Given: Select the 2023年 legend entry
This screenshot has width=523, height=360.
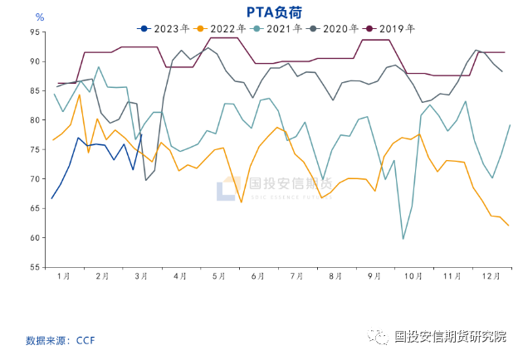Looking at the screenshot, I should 162,28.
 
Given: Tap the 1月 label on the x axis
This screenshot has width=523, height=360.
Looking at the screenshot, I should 64,275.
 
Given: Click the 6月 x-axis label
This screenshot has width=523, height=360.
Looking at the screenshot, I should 257,275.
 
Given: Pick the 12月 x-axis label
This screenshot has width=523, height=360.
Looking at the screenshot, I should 491,275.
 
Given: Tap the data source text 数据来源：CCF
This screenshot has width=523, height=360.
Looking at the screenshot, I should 62,340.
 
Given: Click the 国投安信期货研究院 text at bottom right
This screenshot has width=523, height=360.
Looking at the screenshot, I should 450,336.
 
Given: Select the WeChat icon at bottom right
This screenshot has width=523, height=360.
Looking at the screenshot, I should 379,336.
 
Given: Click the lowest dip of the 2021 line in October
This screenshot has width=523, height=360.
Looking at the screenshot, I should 403,239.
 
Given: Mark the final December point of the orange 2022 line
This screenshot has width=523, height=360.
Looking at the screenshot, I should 508,226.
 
